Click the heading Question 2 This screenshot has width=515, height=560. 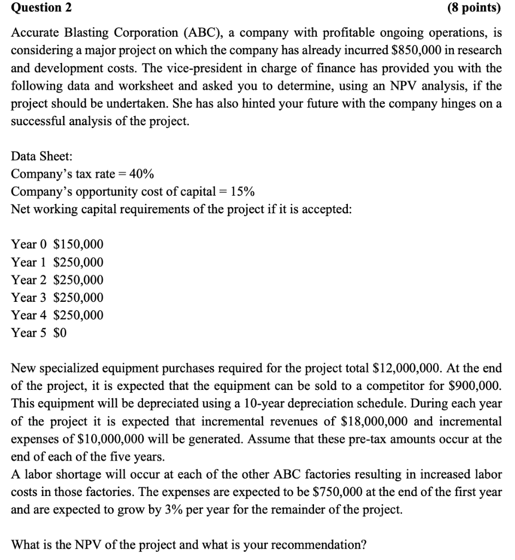point(37,8)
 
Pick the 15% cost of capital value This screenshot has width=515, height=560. point(242,192)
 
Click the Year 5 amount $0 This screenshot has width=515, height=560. point(60,332)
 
